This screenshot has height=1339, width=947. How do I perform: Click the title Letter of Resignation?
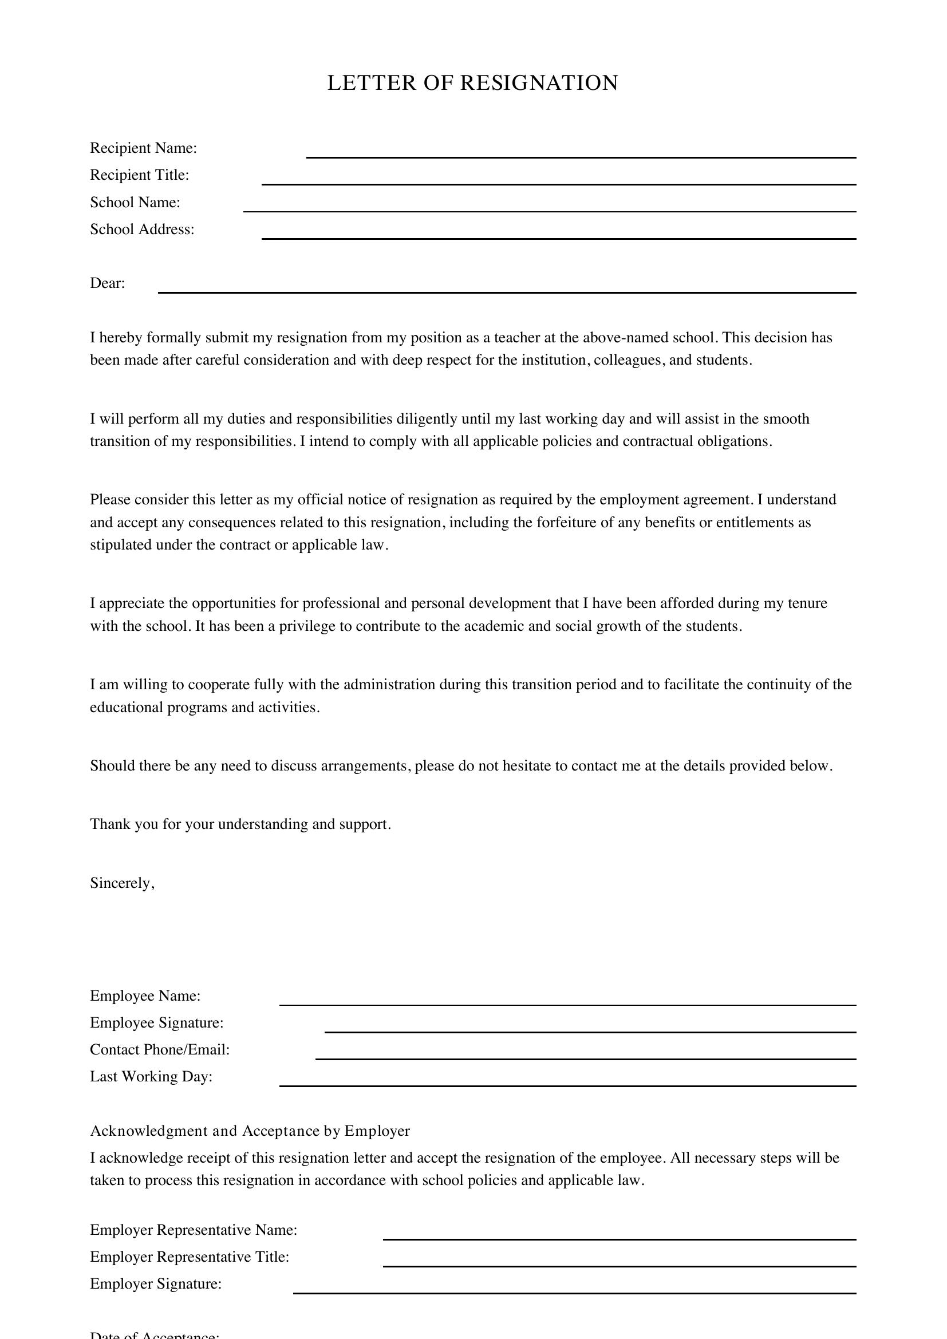tap(472, 83)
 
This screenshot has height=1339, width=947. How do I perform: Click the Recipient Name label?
tap(144, 148)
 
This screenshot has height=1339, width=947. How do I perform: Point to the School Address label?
tap(141, 229)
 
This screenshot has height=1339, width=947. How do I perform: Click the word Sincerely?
tap(122, 883)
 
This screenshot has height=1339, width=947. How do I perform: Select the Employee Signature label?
tap(156, 1022)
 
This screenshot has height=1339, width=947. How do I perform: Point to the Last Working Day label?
tap(151, 1076)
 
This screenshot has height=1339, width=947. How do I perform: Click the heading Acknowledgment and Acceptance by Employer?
tap(250, 1131)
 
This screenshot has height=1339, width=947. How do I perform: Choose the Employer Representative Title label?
tap(190, 1256)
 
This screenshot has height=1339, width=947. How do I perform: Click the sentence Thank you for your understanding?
tap(240, 824)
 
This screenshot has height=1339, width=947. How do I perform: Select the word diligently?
tap(427, 418)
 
